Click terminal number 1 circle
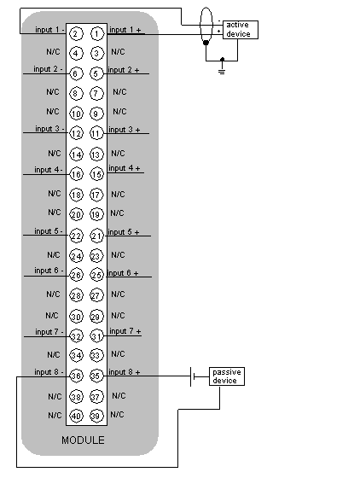tap(97, 33)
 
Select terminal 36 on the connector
tap(76, 376)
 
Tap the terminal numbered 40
tap(76, 416)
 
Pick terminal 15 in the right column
tap(96, 174)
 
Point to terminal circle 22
tap(76, 236)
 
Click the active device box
tap(241, 30)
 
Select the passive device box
tap(227, 376)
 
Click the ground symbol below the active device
tap(222, 72)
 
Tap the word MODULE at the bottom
tap(83, 440)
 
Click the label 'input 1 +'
tap(125, 30)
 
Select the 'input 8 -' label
tap(49, 372)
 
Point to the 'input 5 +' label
tap(124, 232)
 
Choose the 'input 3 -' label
tap(49, 129)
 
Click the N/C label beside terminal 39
tap(117, 415)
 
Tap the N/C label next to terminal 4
tap(53, 52)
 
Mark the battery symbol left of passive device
tap(193, 376)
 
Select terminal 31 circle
tap(96, 336)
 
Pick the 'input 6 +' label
tap(123, 273)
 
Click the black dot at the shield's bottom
tap(206, 43)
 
